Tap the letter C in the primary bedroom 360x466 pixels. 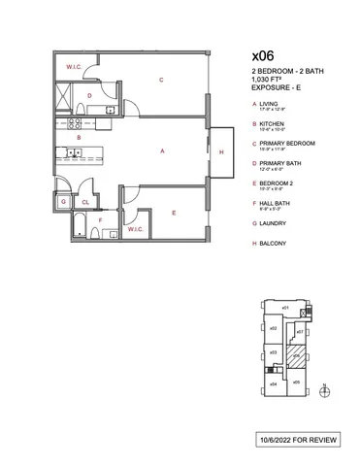tap(160, 80)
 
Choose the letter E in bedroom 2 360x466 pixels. tap(173, 213)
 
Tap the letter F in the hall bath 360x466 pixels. tap(100, 220)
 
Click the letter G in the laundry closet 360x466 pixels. tap(63, 202)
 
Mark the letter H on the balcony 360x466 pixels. tap(221, 153)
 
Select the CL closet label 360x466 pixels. tap(84, 202)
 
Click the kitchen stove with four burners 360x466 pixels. tap(71, 150)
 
